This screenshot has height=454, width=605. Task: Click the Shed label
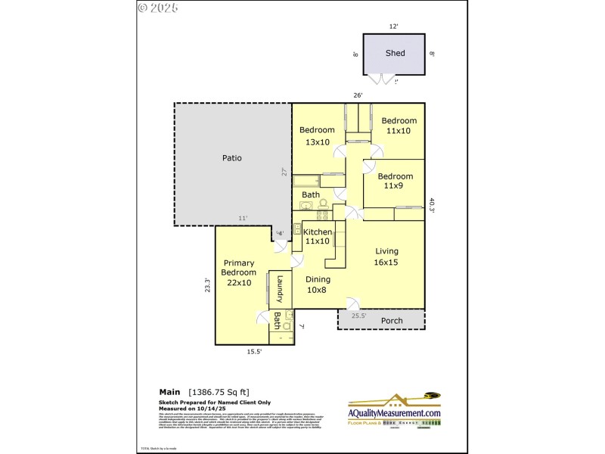pos(395,53)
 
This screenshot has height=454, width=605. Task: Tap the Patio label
pos(231,158)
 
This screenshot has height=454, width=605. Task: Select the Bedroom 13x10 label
pos(317,135)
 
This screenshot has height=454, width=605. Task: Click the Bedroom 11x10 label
pos(399,126)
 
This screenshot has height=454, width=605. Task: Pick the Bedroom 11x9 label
pos(396,181)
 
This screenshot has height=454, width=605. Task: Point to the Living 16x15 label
pos(386,257)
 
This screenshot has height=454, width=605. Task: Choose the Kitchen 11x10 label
pos(318,236)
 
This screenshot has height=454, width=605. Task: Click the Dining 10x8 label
pos(318,285)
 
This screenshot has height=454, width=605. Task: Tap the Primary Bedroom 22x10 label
pos(238,273)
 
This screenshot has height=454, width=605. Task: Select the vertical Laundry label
pos(279,288)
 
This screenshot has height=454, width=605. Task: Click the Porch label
pos(391,321)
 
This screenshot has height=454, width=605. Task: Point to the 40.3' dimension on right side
pos(432,206)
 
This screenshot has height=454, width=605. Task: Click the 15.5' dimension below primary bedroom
pos(255,352)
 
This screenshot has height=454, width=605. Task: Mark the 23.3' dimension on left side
pos(207,285)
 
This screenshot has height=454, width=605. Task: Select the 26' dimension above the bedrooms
pos(358,95)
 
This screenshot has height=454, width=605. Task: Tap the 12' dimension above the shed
pos(394,26)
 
